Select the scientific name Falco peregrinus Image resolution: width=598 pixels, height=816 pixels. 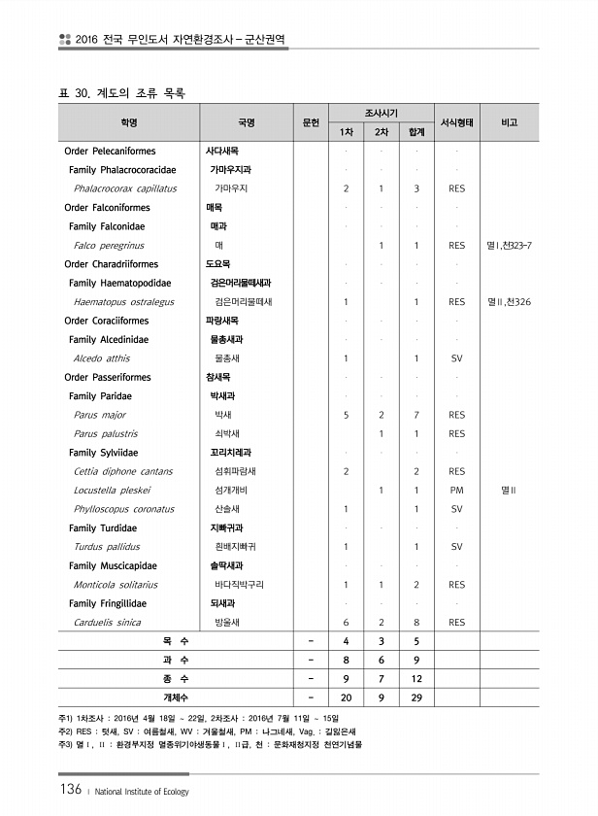pos(109,246)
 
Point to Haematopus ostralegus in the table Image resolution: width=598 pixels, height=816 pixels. pos(123,302)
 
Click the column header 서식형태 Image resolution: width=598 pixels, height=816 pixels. pos(457,122)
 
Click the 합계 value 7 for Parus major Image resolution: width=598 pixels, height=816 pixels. pos(415,415)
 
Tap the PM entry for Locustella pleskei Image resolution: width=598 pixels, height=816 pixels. pos(457,491)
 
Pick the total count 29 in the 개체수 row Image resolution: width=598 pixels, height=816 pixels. pos(415,698)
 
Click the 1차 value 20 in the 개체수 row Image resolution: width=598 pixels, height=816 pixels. pos(347,698)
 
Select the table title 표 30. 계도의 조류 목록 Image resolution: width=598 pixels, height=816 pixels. pos(122,93)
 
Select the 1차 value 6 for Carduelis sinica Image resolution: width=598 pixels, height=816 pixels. pos(347,623)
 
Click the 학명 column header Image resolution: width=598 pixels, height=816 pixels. pos(129,122)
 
